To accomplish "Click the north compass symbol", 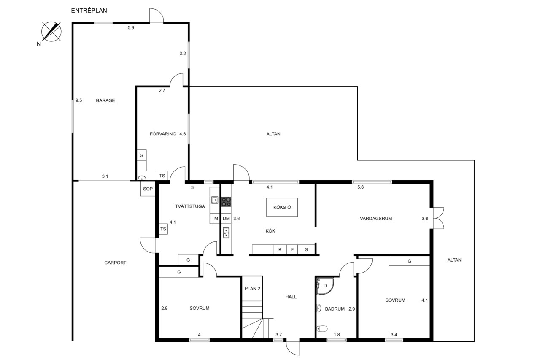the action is click(x=51, y=32).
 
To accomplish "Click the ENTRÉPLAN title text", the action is click(x=89, y=11).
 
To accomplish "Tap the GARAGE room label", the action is click(x=105, y=100).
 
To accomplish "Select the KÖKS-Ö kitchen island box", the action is click(x=282, y=207).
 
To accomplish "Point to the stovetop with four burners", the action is click(x=226, y=202).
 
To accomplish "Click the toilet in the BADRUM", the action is click(x=322, y=328).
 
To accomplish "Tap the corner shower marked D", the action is click(x=325, y=286).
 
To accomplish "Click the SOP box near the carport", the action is click(x=148, y=189).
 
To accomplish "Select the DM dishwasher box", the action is click(x=226, y=219).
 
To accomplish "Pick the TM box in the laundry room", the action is click(x=215, y=219).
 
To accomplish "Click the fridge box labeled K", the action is click(x=280, y=249).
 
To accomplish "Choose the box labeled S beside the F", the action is click(x=306, y=249).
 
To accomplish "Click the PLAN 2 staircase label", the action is click(x=252, y=289).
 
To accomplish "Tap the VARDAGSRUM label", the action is click(x=376, y=219).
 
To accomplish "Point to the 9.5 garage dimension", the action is click(x=78, y=100).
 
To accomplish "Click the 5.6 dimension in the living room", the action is click(x=360, y=187).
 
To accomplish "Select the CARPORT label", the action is click(x=115, y=263).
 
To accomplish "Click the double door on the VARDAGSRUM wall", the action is click(x=438, y=218).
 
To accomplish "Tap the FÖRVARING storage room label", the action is click(x=163, y=134).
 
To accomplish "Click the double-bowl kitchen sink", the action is click(x=226, y=233).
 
